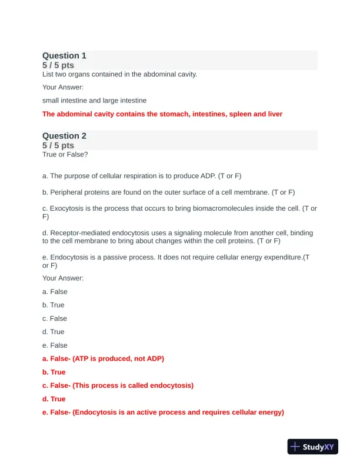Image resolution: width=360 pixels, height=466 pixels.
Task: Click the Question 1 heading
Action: (x=64, y=56)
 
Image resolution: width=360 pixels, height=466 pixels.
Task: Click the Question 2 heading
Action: (x=64, y=136)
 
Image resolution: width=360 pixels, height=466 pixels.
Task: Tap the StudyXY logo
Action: (x=313, y=447)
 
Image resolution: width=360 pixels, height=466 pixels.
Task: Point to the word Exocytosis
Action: (x=69, y=208)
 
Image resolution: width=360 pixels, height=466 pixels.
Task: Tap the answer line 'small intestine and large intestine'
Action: (x=94, y=101)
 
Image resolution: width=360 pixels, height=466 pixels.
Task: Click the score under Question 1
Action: (x=58, y=65)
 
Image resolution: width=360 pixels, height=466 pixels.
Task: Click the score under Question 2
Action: (x=58, y=145)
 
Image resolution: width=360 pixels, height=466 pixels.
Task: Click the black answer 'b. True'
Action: (x=54, y=305)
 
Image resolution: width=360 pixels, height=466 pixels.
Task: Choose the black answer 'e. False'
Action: (x=55, y=345)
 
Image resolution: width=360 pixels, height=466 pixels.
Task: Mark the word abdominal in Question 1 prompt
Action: (x=160, y=74)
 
